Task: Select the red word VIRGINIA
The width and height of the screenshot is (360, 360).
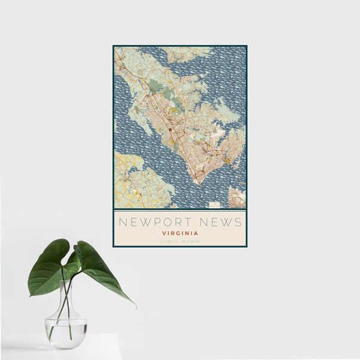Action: pos(180,233)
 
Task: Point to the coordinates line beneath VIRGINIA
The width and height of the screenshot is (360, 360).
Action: pos(180,241)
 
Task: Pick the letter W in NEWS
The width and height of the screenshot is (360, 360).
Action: pos(221,222)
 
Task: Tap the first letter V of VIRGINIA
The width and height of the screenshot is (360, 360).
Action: pos(164,233)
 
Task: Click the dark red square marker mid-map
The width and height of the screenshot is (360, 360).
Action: pos(170,129)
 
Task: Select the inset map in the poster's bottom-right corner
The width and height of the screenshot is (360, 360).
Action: pos(237,197)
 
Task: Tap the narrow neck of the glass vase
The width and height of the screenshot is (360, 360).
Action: pos(66,294)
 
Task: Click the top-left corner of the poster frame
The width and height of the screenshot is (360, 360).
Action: pos(113,46)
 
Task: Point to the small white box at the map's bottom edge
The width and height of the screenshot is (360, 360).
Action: pos(214,205)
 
